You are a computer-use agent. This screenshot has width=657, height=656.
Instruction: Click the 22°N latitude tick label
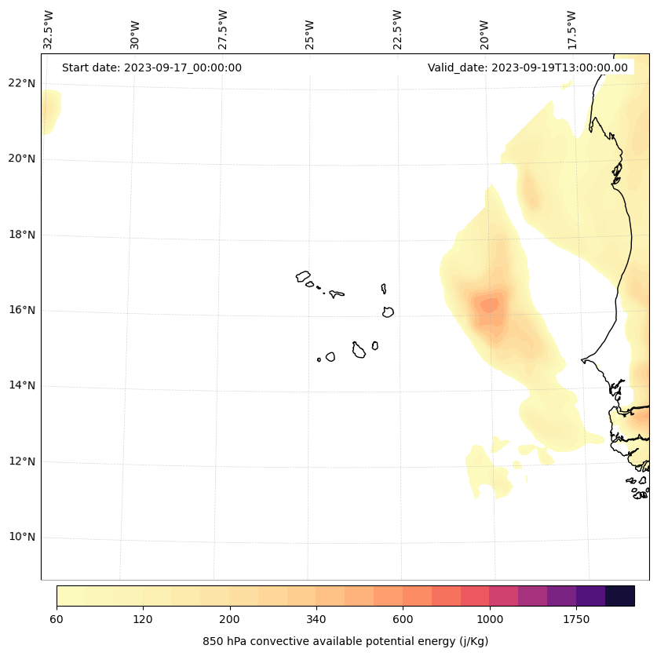pos(23,83)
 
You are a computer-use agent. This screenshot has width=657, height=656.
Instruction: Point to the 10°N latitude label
pos(23,538)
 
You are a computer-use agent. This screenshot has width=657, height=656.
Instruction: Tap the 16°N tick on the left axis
pos(23,310)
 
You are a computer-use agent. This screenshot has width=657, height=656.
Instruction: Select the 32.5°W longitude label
pos(49,30)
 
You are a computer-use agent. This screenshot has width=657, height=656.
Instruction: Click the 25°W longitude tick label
pos(310,34)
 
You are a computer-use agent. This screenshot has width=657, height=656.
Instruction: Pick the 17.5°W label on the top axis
pos(571,30)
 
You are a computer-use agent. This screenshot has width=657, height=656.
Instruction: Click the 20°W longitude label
pos(484,34)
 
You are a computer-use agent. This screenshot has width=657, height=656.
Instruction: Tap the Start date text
pos(151,67)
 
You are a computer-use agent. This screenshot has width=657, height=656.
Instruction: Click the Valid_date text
pos(527,67)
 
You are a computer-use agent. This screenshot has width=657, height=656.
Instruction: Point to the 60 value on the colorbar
pos(57,620)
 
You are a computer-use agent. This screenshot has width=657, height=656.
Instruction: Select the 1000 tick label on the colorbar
pos(489,620)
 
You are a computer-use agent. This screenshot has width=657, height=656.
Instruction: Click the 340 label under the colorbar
pos(316,620)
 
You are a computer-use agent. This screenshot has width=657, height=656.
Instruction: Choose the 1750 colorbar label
pos(576,620)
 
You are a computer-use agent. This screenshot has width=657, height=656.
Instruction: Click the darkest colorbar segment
pos(620,596)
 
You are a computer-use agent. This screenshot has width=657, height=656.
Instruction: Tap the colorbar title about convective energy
pos(345,641)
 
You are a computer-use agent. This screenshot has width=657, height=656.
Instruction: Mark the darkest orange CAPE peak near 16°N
pos(490,304)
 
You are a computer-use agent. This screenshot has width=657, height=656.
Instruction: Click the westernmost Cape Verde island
pos(303,276)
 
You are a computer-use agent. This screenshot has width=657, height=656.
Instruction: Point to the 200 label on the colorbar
pos(229,620)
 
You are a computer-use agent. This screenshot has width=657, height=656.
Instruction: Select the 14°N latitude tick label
pos(23,385)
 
